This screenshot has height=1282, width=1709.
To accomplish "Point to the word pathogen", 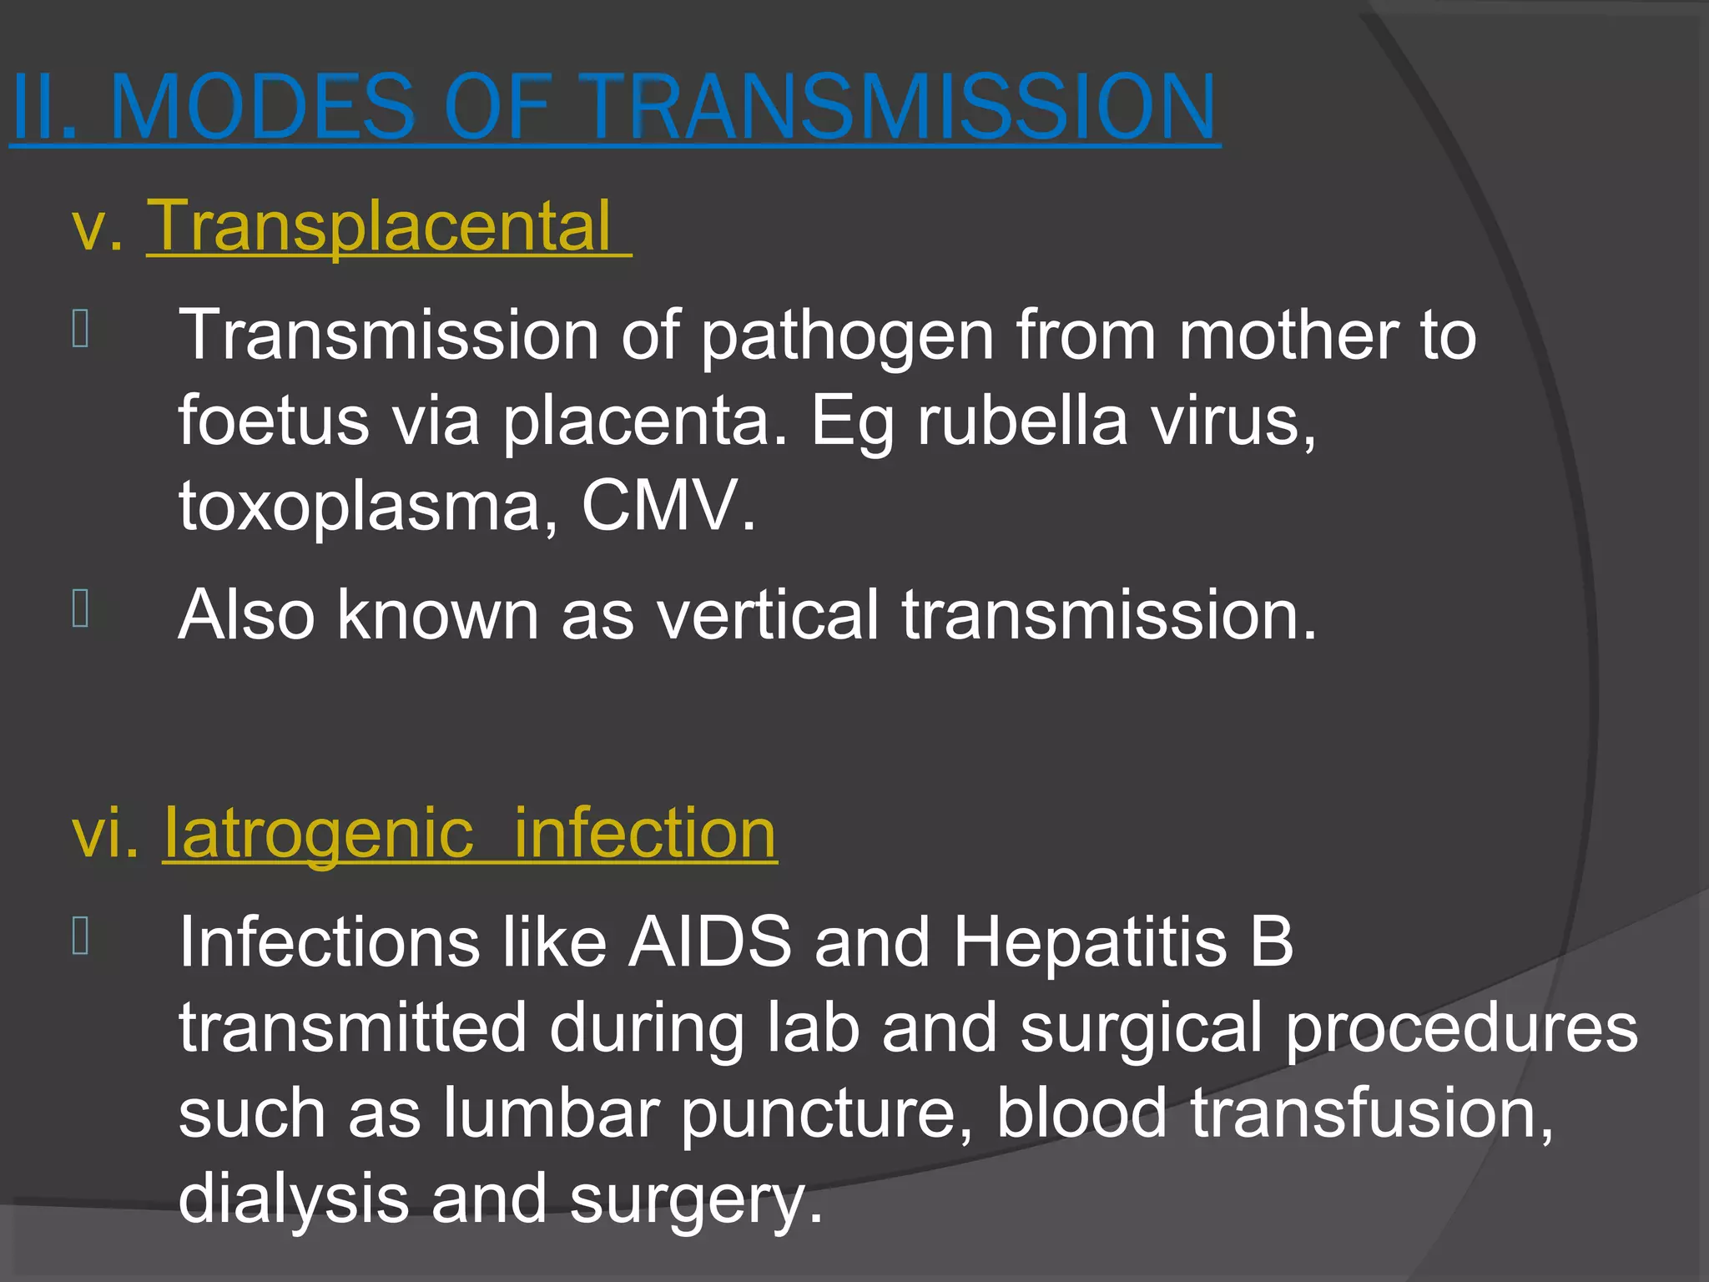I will click(x=847, y=336).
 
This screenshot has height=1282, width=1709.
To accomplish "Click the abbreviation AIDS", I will click(x=710, y=941).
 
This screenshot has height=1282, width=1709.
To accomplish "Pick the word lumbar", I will click(x=551, y=1113).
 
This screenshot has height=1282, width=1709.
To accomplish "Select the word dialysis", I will click(x=293, y=1199).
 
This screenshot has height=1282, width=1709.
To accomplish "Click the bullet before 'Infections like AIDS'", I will click(x=81, y=936).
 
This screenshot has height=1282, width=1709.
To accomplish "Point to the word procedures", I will click(x=1460, y=1028).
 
